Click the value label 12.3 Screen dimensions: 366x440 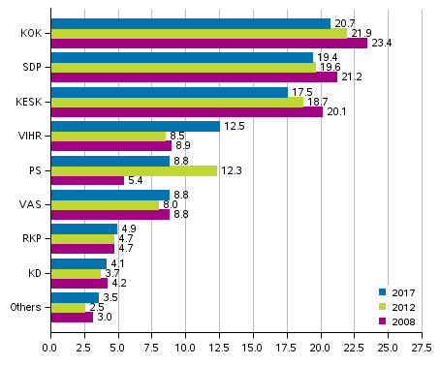click(234, 170)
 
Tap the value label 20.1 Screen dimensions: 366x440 click(336, 111)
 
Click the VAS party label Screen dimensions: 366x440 click(30, 205)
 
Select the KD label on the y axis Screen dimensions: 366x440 click(34, 274)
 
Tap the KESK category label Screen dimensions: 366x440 click(28, 102)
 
